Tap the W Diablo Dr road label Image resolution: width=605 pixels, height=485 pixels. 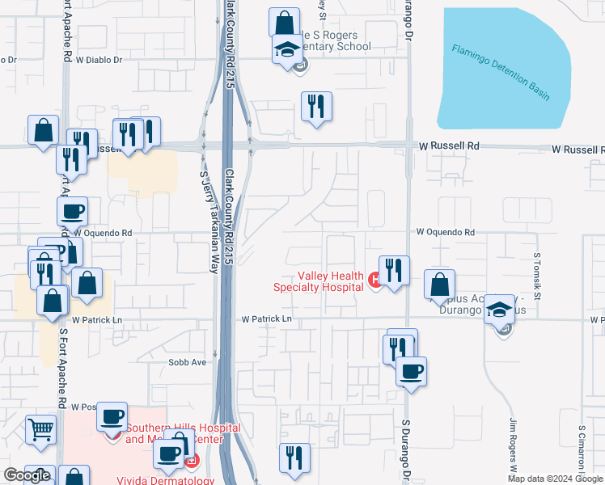coord(100,60)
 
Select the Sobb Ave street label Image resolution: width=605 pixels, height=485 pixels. coord(187,362)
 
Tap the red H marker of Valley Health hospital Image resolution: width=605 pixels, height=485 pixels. coord(374,280)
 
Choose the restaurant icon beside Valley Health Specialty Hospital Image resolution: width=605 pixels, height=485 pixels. coord(394,271)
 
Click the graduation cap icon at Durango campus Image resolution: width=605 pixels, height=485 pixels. coord(500,310)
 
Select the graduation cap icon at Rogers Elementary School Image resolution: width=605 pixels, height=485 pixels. coord(287,49)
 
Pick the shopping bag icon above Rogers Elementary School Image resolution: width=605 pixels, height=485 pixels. coord(284,22)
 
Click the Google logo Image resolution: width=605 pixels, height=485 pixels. coord(27,475)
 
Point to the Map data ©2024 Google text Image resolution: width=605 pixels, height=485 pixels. coord(556,479)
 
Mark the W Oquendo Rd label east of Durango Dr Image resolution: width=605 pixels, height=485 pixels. coord(446,232)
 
